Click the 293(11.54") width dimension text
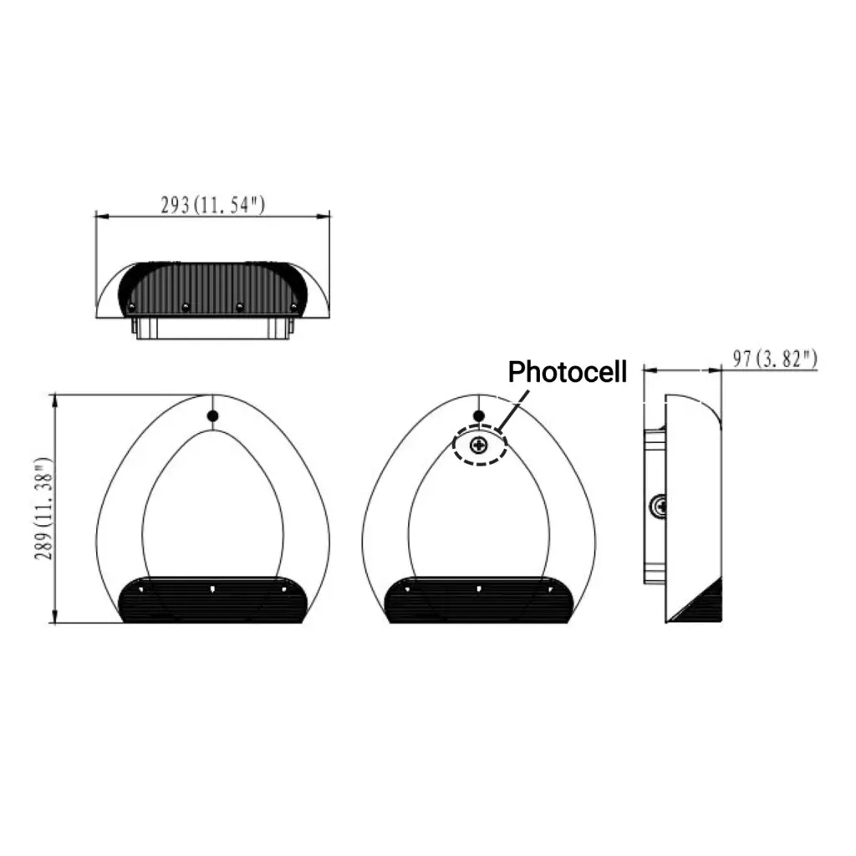pos(212,205)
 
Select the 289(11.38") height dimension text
pos(45,508)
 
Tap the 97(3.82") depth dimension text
pos(774,359)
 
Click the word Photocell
pos(568,371)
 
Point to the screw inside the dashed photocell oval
pos(480,446)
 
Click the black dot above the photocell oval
pos(479,415)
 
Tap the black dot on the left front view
pos(212,415)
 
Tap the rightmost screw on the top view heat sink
pos(293,308)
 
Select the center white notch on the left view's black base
pos(212,588)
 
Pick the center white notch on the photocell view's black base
pos(479,588)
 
